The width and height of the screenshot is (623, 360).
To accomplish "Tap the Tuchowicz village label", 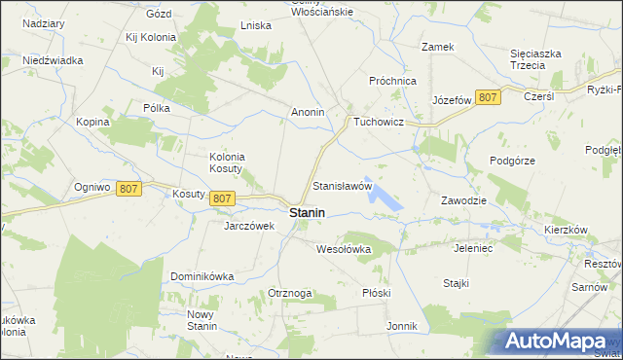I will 385,122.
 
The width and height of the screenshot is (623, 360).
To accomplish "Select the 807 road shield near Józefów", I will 489,97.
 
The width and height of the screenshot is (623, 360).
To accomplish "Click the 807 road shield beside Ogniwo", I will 128,189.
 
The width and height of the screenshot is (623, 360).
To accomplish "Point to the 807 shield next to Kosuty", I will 222,198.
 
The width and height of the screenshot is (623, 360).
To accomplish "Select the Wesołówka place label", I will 345,249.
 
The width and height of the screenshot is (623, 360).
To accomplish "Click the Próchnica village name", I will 393,81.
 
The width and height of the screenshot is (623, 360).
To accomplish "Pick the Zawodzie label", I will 462,200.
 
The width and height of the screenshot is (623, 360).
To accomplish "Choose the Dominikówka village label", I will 202,276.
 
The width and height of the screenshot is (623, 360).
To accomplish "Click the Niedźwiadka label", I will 54,59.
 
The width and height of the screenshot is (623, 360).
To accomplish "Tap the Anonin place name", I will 308,112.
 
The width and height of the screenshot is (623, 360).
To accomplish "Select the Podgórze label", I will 513,161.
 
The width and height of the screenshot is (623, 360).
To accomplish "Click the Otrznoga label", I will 290,293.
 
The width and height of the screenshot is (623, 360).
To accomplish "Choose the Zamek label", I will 437,46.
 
